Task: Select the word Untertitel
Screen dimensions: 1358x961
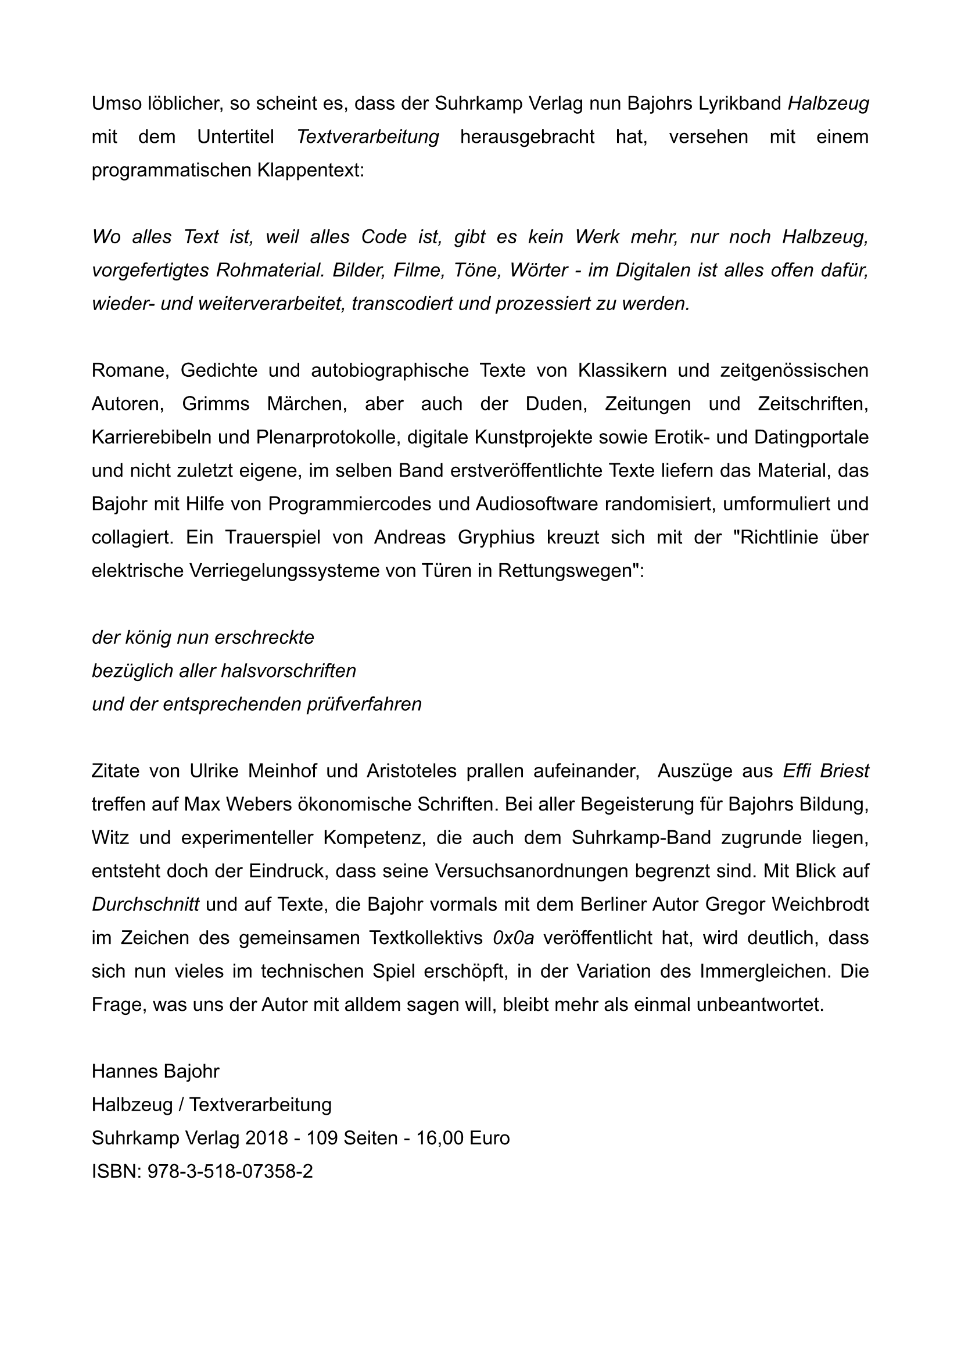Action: click(235, 136)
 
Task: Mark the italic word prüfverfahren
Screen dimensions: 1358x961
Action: click(364, 704)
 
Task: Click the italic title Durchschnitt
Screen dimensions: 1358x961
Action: click(146, 905)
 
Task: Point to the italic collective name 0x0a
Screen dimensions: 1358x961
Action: click(513, 938)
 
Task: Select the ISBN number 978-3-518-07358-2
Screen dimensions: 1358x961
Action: click(230, 1172)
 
